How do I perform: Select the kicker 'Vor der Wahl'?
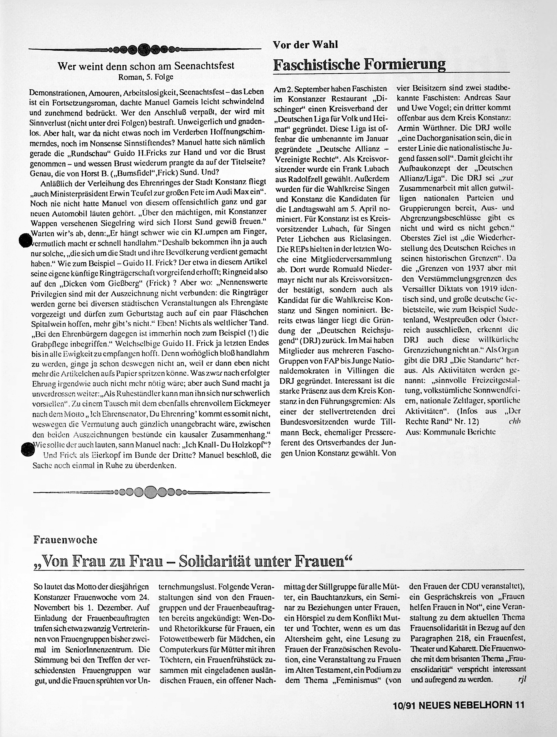(305, 45)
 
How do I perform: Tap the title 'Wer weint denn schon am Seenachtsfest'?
(146, 66)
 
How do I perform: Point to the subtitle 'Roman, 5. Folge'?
(146, 77)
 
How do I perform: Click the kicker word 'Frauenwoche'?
(65, 540)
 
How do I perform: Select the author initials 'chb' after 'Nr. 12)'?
(515, 421)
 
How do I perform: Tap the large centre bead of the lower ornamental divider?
(151, 491)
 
